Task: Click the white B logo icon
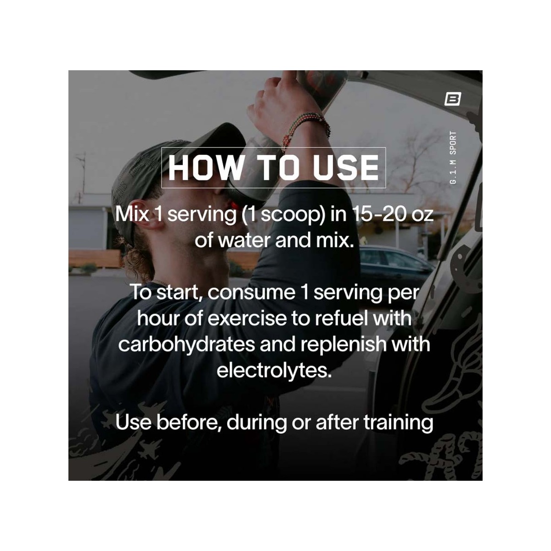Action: tap(453, 99)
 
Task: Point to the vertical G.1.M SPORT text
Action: tap(453, 158)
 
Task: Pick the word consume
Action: tap(251, 293)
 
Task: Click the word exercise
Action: tap(246, 319)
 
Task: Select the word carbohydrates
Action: tap(186, 345)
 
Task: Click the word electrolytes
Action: tap(274, 371)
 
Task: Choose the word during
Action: tap(256, 422)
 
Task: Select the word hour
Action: tap(158, 318)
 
